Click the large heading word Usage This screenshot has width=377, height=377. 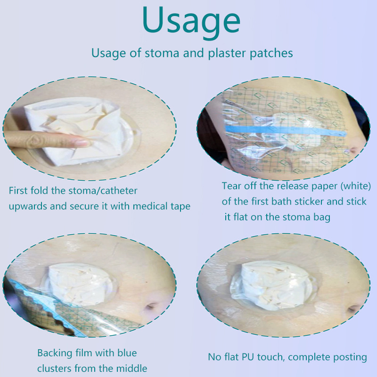(x=191, y=22)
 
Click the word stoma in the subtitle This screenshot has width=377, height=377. (x=162, y=53)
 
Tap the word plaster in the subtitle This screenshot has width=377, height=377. (x=227, y=53)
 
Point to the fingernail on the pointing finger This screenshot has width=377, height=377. (x=82, y=143)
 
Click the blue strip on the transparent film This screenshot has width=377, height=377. (x=286, y=131)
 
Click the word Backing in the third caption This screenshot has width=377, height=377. (x=55, y=353)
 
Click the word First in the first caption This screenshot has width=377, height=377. (x=18, y=191)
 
